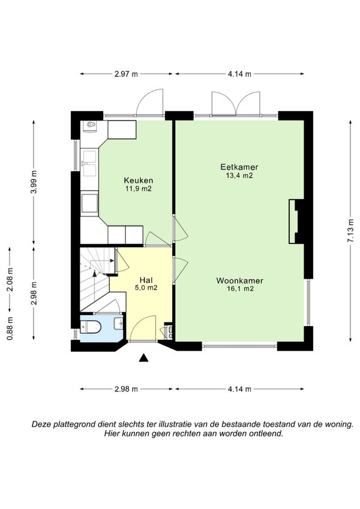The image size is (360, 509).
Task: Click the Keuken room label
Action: [x=139, y=180]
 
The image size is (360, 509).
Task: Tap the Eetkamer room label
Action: [x=239, y=167]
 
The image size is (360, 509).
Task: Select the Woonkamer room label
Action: [x=240, y=281]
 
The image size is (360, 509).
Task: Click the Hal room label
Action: [x=146, y=280]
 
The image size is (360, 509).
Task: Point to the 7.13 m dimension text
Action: [x=350, y=231]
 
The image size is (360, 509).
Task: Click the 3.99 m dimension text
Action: [x=34, y=182]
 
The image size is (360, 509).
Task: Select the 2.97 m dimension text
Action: [x=126, y=74]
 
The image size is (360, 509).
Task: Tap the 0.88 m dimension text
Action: [x=10, y=328]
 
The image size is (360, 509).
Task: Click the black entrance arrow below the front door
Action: [x=143, y=358]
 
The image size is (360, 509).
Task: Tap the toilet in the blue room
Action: [x=91, y=327]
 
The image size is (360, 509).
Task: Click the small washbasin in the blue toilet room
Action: [x=119, y=323]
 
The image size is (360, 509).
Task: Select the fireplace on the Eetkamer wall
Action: [x=296, y=221]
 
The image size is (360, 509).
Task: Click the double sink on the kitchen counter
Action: [x=89, y=162]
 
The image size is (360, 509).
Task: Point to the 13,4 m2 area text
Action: [x=239, y=176]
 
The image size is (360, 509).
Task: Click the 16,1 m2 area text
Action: [x=240, y=288]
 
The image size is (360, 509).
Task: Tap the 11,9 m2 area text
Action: [x=139, y=189]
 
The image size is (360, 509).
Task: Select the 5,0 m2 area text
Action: [x=146, y=288]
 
